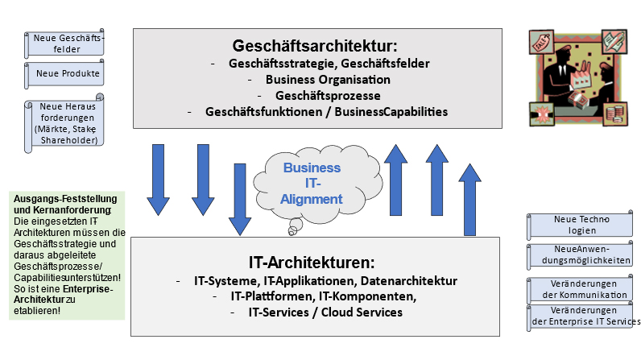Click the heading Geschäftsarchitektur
(315, 45)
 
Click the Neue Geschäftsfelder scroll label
(67, 43)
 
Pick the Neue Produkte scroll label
(67, 74)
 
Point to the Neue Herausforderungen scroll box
(66, 123)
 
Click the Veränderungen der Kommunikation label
(581, 288)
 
